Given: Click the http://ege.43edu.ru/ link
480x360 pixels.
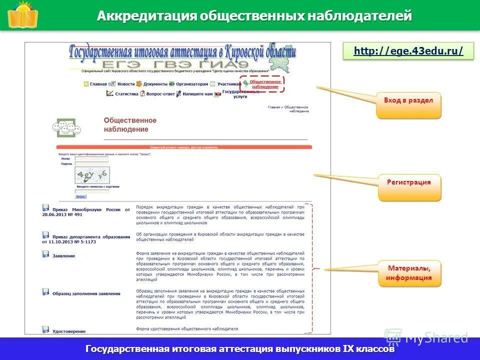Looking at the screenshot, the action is coord(408,51).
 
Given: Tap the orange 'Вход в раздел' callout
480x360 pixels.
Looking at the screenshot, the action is coord(408,101).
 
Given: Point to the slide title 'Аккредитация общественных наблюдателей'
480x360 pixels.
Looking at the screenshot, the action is coord(254,16).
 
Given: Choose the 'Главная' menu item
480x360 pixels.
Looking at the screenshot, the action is coord(98,84).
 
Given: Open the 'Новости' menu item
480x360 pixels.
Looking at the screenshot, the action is coord(126,84).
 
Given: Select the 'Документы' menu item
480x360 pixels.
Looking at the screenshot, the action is coord(155,84).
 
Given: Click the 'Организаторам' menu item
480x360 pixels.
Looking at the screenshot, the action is coord(191,84).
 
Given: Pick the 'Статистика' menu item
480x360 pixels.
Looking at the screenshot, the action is coord(126,93).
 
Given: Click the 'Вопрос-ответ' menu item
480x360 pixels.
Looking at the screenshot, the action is coord(160,93).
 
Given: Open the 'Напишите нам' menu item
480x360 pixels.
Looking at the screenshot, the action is coord(197,93).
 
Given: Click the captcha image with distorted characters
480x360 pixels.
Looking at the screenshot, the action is coord(92,174).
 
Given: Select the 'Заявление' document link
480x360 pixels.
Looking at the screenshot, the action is coord(63,256).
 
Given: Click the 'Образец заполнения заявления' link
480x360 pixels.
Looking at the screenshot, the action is coord(86,293).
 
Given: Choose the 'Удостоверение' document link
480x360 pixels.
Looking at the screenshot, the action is coord(68,331).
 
